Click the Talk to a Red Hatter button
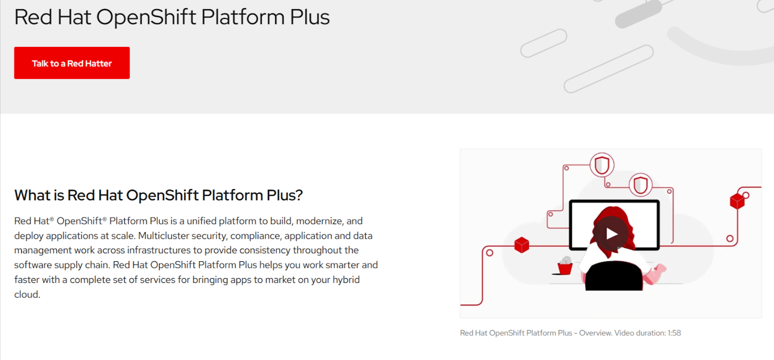72,63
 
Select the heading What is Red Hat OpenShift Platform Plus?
158,195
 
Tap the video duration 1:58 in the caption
674,333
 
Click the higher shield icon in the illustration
602,165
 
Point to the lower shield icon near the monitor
640,185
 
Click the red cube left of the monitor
521,245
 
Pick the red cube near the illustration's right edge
737,201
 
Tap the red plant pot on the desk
565,269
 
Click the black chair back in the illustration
614,276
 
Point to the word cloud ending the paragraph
27,294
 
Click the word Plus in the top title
310,17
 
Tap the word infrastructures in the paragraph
159,250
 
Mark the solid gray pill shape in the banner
639,14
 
